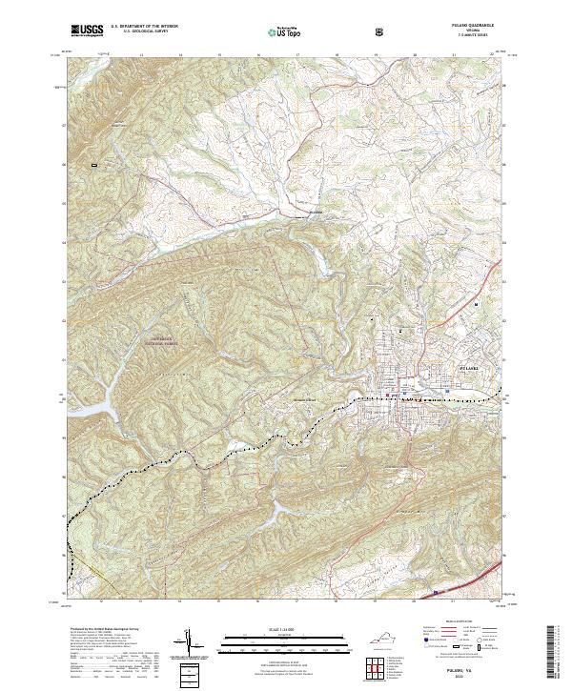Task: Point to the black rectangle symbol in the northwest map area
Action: (94, 166)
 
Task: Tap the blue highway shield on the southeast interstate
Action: (437, 592)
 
